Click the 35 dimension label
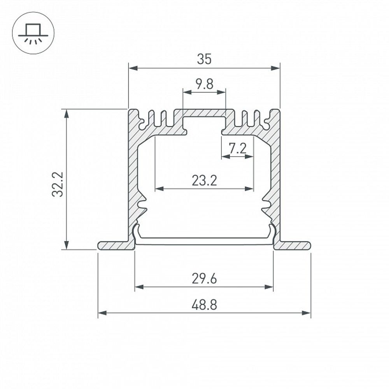(204, 59)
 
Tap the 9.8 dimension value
(205, 84)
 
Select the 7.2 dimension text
(237, 148)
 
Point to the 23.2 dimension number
(205, 180)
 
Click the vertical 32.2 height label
(58, 184)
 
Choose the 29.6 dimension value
(205, 279)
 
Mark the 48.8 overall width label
(205, 305)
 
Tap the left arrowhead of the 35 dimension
(133, 68)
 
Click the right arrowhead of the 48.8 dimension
(306, 313)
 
